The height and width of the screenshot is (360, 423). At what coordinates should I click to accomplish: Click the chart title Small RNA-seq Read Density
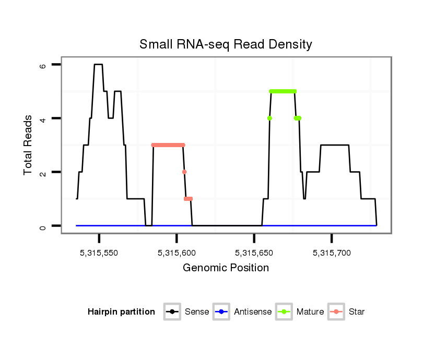point(226,44)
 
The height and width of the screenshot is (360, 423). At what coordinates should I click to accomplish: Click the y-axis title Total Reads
point(29,145)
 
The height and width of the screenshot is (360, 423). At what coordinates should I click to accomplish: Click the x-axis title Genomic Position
point(226,268)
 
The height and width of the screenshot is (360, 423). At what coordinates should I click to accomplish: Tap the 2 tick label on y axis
point(43,172)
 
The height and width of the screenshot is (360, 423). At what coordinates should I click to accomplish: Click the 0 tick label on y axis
point(43,226)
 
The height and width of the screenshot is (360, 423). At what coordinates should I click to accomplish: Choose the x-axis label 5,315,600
point(177,253)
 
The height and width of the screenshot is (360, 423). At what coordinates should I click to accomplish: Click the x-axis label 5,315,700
point(332,253)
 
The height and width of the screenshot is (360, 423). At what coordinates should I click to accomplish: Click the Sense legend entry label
point(197,312)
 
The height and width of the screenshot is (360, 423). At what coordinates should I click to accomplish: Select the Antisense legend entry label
point(253,312)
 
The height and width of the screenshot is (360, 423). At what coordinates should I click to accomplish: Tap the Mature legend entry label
point(310,312)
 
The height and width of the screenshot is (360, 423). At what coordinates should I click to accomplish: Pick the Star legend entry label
point(357,312)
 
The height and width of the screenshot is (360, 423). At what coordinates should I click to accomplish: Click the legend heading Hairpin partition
point(121,312)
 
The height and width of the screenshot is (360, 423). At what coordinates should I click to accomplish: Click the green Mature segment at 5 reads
point(283,91)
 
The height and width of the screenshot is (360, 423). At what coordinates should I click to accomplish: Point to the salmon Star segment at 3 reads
point(168,145)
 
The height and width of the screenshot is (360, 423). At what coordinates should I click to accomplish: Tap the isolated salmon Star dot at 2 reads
point(184,172)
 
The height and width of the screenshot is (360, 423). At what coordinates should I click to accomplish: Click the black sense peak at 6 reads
point(98,64)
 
